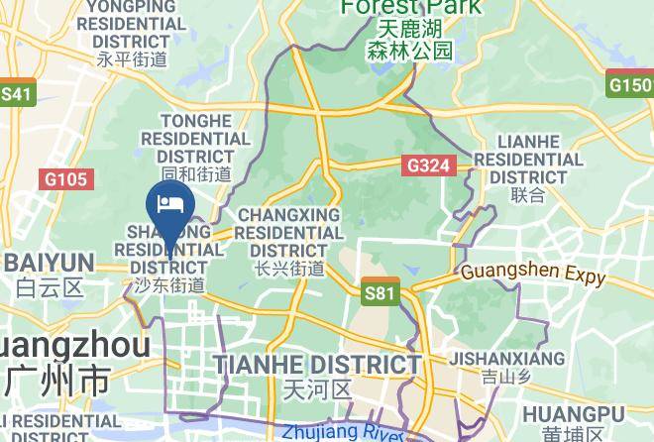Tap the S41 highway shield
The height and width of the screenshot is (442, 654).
coord(17,94)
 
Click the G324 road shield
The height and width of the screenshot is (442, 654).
coord(429,166)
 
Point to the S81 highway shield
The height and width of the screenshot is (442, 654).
coord(380,292)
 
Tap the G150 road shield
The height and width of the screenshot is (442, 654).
coord(629,85)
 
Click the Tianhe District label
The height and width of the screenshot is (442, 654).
coord(318,364)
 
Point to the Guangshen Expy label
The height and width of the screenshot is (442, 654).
coord(533,274)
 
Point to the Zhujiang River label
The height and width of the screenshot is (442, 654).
coord(343,433)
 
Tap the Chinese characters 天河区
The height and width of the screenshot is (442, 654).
coord(317,387)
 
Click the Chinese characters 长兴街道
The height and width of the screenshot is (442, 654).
coord(288,268)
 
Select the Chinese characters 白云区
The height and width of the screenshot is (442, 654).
coord(48,287)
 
